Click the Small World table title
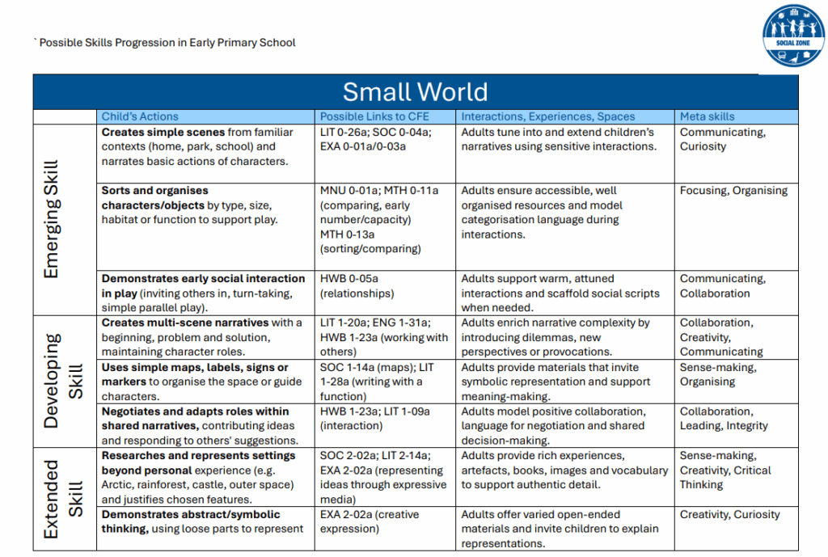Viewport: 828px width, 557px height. coord(415,91)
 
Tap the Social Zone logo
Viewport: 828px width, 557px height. coord(793,36)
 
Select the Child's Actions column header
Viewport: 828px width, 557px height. coord(140,116)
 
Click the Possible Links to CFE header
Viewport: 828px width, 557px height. coord(374,116)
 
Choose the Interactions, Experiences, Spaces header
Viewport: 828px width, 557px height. coord(547,116)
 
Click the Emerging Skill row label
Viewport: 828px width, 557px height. coord(51,219)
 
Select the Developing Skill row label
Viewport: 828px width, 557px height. coord(62,381)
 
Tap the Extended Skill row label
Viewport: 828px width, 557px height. coord(62,499)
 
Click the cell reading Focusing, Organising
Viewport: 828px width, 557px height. coord(733,191)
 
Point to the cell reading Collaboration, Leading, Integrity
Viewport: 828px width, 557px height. coord(724,419)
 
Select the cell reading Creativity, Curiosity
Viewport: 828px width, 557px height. coord(729,514)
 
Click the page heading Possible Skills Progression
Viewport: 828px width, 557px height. coord(167,42)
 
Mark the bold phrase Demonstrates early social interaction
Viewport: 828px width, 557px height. coord(203,279)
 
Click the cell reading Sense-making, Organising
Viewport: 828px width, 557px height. coord(718,374)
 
